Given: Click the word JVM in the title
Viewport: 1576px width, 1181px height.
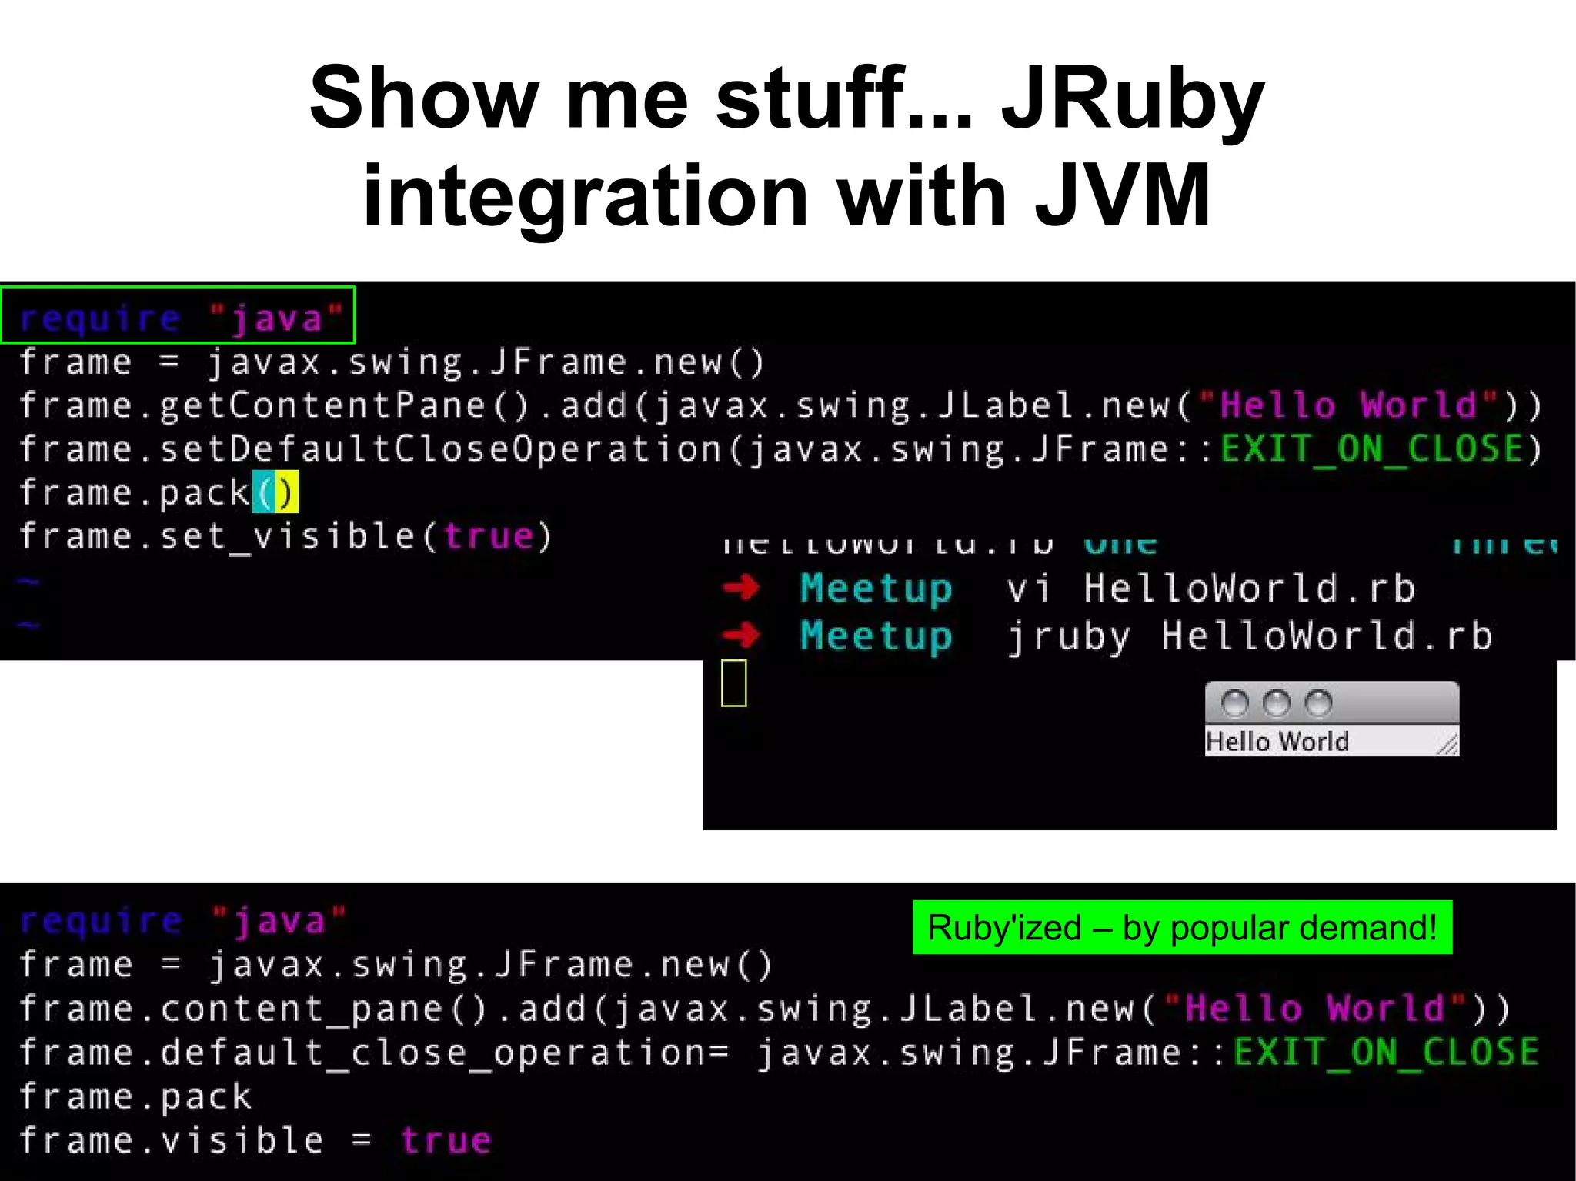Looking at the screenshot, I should pyautogui.click(x=1123, y=196).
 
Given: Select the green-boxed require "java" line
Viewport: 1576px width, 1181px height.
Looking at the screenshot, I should pyautogui.click(x=178, y=315).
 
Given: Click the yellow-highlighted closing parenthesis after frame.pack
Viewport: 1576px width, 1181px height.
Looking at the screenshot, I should pyautogui.click(x=287, y=492).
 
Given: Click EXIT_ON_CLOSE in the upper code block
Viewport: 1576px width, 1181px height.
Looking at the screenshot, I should pyautogui.click(x=1372, y=449).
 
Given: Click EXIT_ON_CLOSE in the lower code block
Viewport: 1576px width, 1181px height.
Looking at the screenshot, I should pyautogui.click(x=1386, y=1052).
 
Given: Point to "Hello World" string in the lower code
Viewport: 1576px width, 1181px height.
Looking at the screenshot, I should pyautogui.click(x=1314, y=1009).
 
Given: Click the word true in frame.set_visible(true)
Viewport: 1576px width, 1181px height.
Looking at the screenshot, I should pyautogui.click(x=489, y=536).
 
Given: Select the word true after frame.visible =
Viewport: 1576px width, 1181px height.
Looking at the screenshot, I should pyautogui.click(x=446, y=1140).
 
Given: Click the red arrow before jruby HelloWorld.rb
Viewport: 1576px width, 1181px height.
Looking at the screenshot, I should pyautogui.click(x=741, y=636).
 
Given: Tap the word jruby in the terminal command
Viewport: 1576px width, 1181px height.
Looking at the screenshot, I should pyautogui.click(x=1068, y=637).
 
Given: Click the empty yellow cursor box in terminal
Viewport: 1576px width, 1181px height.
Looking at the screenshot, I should pyautogui.click(x=733, y=682).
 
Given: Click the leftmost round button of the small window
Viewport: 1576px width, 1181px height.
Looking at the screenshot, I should pyautogui.click(x=1235, y=702).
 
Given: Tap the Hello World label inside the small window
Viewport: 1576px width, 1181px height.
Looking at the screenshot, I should pyautogui.click(x=1277, y=742).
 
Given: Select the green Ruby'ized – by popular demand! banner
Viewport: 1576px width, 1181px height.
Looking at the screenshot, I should pyautogui.click(x=1182, y=927).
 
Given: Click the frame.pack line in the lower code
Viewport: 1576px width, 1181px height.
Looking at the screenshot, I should pyautogui.click(x=135, y=1096).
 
